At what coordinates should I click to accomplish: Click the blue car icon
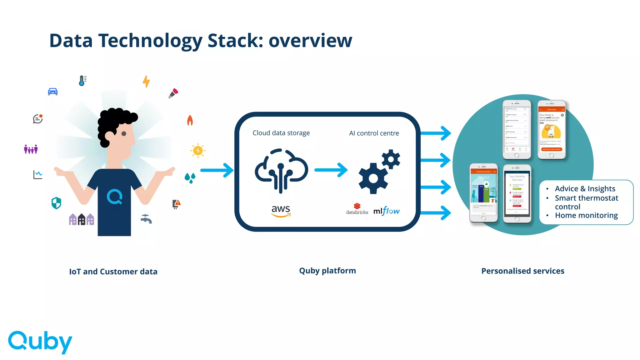coord(52,91)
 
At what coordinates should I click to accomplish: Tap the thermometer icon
coord(82,81)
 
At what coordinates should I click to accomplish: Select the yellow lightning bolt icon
coord(146,81)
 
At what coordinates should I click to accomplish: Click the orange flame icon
coord(190,120)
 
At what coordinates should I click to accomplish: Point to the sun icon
coord(198,151)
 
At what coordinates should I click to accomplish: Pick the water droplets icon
coord(190,178)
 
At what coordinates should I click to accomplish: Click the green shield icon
coord(56,203)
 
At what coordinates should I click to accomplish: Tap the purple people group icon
coord(31,149)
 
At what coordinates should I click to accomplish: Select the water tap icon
coord(146,219)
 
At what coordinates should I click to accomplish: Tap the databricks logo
coord(357,209)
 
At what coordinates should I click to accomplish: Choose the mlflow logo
coord(387,211)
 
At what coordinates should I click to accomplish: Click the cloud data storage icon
coord(281,170)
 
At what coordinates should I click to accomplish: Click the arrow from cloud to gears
coord(331,170)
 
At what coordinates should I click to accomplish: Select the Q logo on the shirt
coord(114,197)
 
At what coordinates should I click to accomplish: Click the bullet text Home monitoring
coord(586,215)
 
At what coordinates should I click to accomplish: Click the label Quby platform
coord(327,271)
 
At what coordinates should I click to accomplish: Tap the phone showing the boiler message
coord(552,130)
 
